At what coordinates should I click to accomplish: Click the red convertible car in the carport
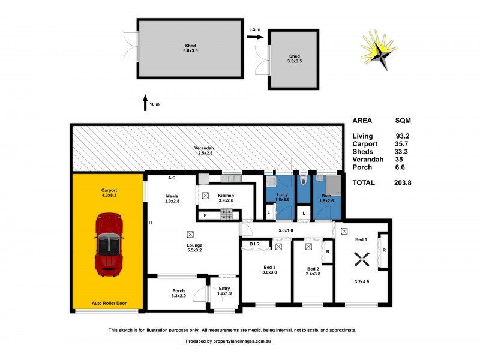pos(108,245)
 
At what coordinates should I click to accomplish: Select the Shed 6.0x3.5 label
pos(190,48)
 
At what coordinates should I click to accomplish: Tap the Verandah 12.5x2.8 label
pos(203,151)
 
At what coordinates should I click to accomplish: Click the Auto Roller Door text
pos(108,304)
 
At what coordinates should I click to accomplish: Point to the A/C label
pos(171,178)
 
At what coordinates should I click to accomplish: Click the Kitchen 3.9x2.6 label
pos(226,198)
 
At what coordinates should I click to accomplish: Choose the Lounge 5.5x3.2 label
pos(194,247)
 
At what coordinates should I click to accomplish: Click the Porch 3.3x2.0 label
pos(178,293)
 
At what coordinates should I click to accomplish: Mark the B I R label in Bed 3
pos(254,244)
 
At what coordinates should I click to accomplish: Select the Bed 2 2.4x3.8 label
pos(313,271)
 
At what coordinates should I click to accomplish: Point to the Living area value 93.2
pos(402,136)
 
